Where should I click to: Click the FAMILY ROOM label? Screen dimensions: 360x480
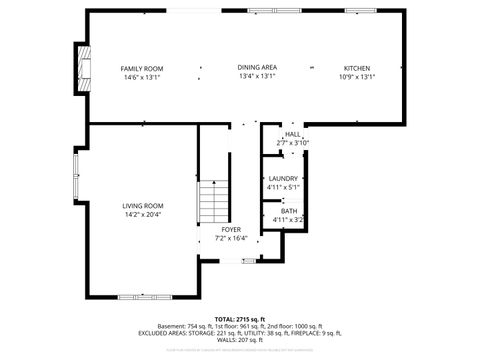[142, 68]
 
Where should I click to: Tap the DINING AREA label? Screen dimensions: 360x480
[257, 67]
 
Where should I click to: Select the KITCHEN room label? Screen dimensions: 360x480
[357, 67]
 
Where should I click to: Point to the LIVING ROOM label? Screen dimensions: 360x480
[143, 205]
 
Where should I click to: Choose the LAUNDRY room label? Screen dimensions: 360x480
[283, 178]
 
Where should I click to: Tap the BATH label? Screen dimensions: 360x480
[288, 210]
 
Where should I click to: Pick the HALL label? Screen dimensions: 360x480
[292, 134]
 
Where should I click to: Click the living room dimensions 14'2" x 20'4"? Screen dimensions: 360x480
[143, 214]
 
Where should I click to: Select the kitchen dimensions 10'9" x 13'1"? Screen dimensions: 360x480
[357, 76]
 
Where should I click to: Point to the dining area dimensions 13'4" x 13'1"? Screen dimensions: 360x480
[257, 76]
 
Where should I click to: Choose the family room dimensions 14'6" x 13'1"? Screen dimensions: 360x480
[142, 76]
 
